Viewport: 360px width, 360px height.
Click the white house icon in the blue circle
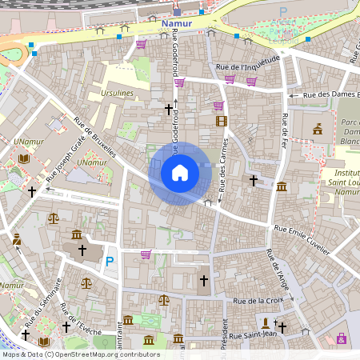click(180, 173)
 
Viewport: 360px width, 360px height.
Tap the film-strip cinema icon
click(222, 121)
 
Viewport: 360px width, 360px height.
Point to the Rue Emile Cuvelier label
click(302, 239)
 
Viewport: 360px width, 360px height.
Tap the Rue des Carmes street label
click(224, 161)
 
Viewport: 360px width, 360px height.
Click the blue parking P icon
click(110, 262)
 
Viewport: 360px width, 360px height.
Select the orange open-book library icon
click(23, 159)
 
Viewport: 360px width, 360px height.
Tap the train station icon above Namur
click(177, 12)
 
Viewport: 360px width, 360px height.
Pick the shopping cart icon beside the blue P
click(146, 254)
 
